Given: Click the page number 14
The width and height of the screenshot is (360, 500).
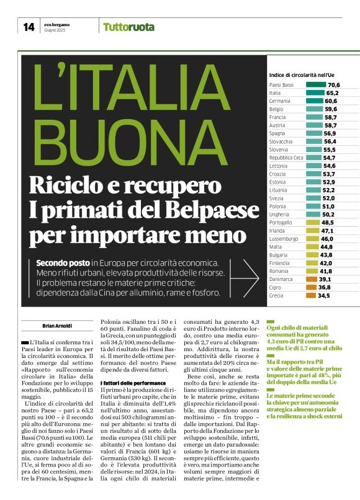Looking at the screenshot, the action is coord(28,27).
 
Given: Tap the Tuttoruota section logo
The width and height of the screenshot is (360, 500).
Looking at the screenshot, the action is coord(128,27).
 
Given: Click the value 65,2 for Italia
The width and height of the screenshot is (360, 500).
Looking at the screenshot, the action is coord(332,92).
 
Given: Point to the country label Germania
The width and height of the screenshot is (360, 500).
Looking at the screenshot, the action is coord(280,100).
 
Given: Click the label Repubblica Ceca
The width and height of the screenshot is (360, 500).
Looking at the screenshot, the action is coord(287,158).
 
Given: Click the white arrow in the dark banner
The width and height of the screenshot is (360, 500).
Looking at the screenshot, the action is coord(250,277).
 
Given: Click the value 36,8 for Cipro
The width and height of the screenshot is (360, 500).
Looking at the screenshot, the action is coord(324,288).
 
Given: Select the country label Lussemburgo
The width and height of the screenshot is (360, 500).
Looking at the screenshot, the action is coord(284,239).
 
